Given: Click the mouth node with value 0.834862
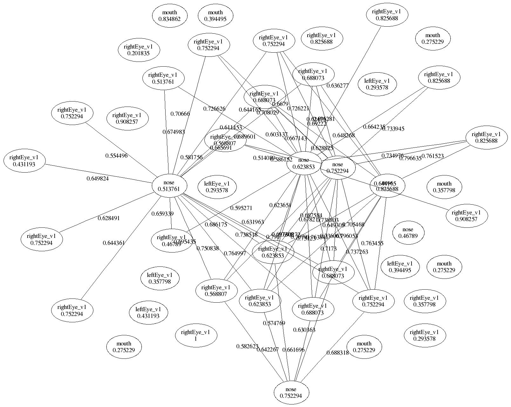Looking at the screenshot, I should [169, 16].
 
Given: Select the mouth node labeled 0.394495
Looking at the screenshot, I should [215, 16].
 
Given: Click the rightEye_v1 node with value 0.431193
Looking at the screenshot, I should [24, 161].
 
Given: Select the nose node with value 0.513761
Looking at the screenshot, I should [169, 186].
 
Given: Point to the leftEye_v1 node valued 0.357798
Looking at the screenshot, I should [160, 278].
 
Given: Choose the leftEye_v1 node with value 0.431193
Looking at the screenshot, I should [148, 312].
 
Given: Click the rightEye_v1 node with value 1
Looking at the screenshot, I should [195, 335].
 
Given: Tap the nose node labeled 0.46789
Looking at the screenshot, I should [408, 233].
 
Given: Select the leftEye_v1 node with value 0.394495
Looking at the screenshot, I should [400, 267].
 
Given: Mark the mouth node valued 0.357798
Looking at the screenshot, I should [444, 187].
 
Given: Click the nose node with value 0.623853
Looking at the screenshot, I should [304, 164].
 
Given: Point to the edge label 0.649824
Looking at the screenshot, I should [98, 179].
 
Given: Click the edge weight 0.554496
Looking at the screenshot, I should [117, 156].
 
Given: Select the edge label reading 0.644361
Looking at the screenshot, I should [114, 243].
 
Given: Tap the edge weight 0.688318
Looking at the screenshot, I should [337, 352].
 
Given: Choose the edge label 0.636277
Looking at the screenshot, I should [337, 86].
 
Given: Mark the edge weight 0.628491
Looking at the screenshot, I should [109, 218].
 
